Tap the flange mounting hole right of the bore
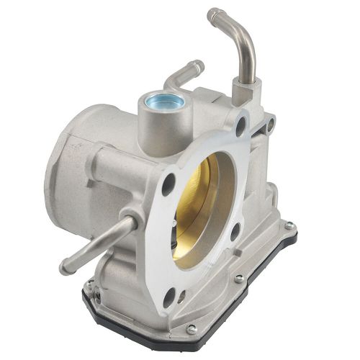pyautogui.click(x=235, y=231)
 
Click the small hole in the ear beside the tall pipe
pyautogui.click(x=271, y=126)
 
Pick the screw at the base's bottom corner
pyautogui.click(x=190, y=328)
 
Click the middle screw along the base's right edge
pyautogui.click(x=239, y=277)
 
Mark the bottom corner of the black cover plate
pyautogui.click(x=189, y=338)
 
